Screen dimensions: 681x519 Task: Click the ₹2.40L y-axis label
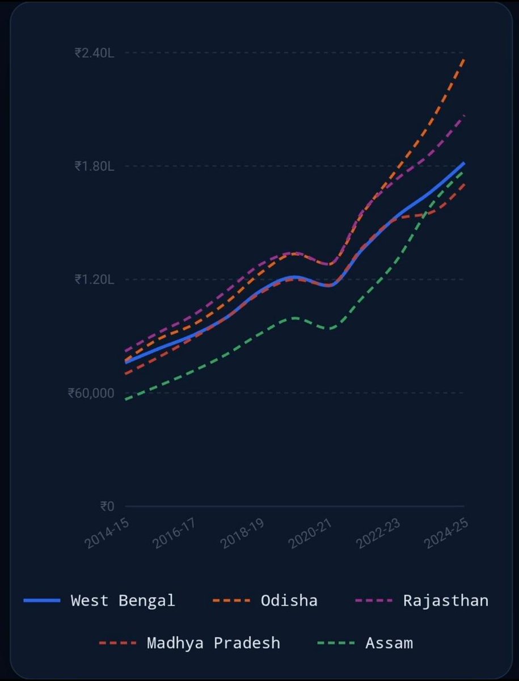(x=94, y=53)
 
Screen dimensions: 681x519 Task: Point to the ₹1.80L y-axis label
(x=94, y=166)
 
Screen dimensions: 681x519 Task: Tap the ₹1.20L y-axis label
(x=94, y=279)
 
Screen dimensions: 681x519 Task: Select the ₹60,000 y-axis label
(x=91, y=393)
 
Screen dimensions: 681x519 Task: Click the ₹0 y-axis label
(x=107, y=506)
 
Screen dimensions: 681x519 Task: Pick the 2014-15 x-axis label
(x=106, y=532)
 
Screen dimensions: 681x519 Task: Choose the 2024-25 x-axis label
(x=446, y=532)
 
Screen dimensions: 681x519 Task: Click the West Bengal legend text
(x=123, y=600)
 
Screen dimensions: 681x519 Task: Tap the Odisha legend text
(x=289, y=600)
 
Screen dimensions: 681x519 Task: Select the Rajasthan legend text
(x=445, y=600)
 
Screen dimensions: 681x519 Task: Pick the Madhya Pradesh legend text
(x=213, y=643)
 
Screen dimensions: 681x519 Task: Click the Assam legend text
(x=389, y=643)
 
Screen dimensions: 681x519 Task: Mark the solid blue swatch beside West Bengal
(x=42, y=600)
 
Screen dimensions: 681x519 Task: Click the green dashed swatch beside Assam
(x=336, y=643)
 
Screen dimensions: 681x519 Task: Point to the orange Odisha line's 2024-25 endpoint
(x=464, y=59)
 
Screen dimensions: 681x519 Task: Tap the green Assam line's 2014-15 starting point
(x=126, y=400)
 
